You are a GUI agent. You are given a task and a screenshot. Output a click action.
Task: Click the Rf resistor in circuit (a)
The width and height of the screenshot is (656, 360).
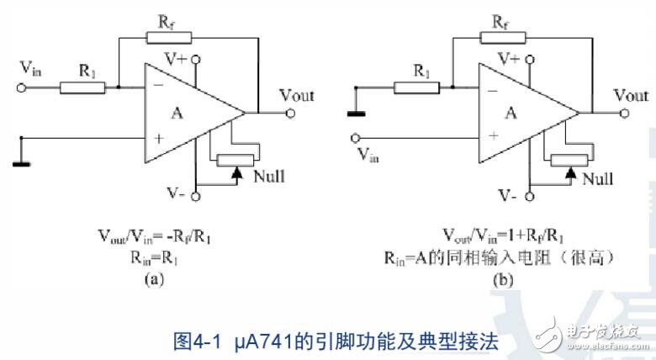pos(161,38)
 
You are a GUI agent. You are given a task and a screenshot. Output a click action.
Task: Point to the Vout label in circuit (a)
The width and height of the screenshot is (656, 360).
pos(296,95)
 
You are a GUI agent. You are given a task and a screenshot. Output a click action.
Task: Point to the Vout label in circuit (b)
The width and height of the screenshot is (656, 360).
pos(631,95)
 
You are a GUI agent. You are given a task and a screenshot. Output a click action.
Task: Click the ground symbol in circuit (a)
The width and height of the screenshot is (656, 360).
pos(20,161)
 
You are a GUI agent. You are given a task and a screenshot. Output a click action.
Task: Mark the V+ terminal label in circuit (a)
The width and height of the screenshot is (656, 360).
pos(175,59)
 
